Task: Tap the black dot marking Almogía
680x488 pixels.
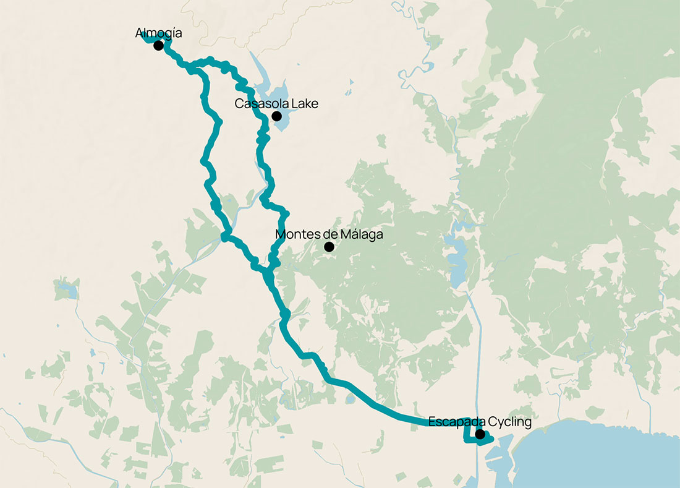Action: click(158, 45)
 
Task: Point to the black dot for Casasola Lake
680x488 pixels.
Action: click(276, 116)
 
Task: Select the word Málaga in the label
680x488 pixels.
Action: click(359, 235)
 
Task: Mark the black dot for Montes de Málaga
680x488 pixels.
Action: click(329, 247)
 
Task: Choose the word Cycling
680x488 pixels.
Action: click(510, 422)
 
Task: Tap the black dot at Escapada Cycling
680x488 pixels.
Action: click(480, 434)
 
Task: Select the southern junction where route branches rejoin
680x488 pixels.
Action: click(268, 271)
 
